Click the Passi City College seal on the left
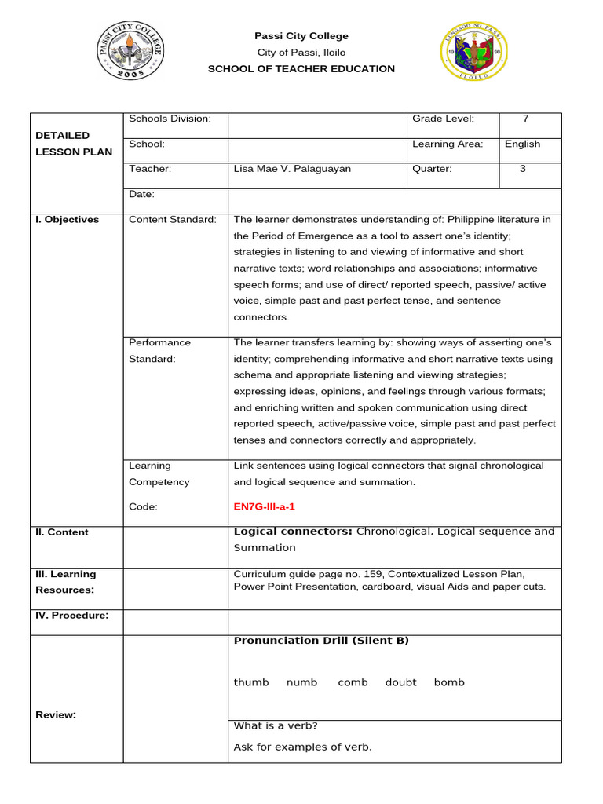pos(130,52)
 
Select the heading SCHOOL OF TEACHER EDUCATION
pos(301,69)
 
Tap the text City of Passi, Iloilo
pos(301,53)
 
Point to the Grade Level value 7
pos(525,119)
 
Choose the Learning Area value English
pos(522,144)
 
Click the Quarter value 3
pos(523,169)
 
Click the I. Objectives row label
pos(68,220)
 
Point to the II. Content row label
pos(62,532)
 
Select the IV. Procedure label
pos(72,616)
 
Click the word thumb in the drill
pos(251,682)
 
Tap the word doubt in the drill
pos(400,682)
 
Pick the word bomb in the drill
pos(449,682)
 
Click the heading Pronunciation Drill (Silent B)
pos(321,641)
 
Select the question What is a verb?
pos(276,725)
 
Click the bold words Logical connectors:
pos(293,532)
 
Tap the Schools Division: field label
pos(170,119)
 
